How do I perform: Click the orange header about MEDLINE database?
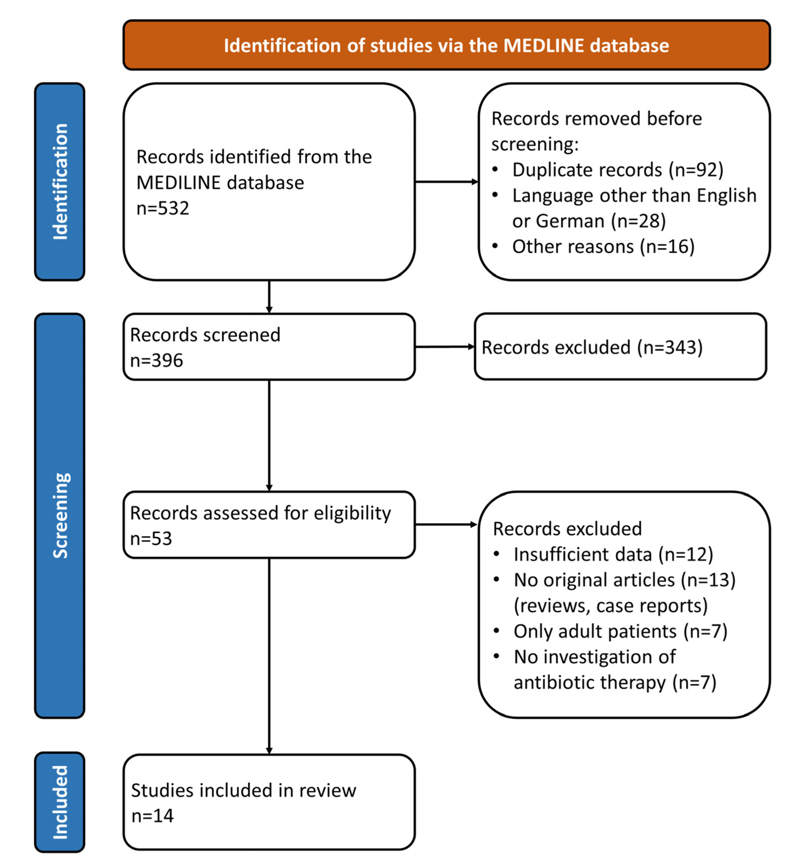click(446, 45)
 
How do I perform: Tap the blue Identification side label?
click(60, 182)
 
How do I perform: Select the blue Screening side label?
click(60, 516)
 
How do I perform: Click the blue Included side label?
click(60, 803)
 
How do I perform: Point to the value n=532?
click(163, 208)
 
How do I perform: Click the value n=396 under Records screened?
click(156, 360)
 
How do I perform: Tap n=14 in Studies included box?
click(152, 816)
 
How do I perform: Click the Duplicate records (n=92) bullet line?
click(618, 170)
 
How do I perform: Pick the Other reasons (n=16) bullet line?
click(603, 246)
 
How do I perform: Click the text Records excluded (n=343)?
click(592, 348)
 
